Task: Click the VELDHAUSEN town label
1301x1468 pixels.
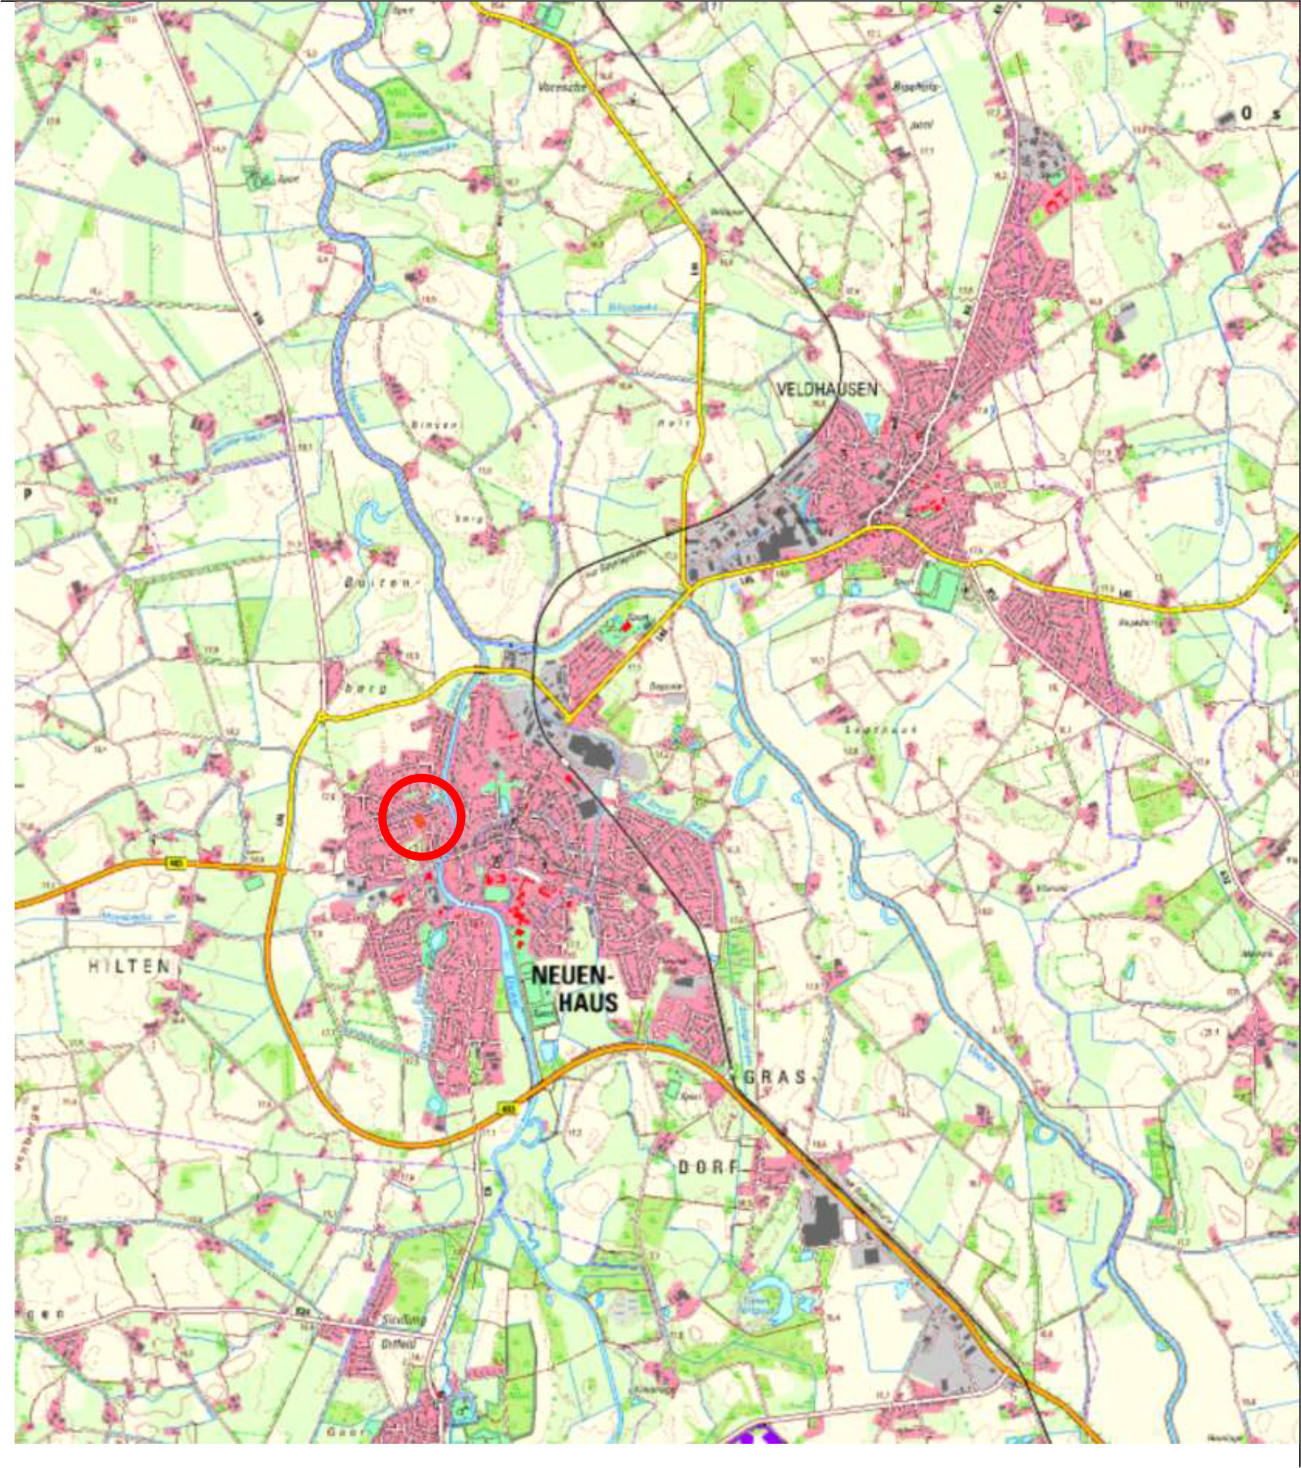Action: (826, 389)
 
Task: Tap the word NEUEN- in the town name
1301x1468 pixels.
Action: (570, 975)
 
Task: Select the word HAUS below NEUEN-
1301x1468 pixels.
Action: (588, 1002)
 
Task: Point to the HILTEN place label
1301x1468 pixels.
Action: (129, 966)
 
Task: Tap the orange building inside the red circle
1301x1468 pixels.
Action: (419, 821)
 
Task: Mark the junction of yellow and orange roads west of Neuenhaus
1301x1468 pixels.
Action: (280, 870)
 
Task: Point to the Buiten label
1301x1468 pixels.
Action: (380, 582)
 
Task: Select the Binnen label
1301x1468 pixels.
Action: (434, 424)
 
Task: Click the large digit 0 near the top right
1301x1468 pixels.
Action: (1247, 113)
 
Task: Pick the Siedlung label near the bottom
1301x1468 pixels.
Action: (403, 1319)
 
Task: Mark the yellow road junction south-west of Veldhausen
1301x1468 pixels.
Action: (688, 589)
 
